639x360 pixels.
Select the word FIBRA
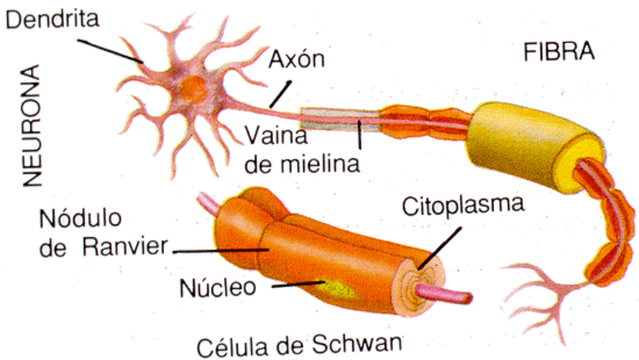tap(559, 53)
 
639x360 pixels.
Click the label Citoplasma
tap(462, 206)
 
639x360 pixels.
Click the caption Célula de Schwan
tap(300, 345)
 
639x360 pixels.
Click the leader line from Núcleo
tap(292, 284)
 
